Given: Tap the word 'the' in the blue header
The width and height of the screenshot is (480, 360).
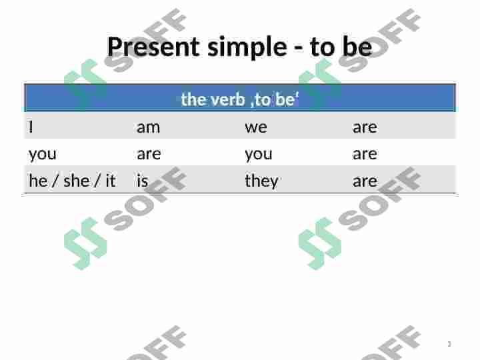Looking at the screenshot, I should click(193, 99).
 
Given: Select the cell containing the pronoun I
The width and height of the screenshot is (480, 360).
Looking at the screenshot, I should click(31, 127).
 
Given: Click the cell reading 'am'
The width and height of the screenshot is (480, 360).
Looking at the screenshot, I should click(148, 127).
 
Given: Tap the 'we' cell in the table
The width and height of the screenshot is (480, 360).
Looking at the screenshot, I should click(255, 127).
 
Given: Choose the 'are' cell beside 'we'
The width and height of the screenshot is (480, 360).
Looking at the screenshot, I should click(365, 127).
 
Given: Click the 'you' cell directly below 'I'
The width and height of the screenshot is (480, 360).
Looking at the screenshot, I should click(42, 154).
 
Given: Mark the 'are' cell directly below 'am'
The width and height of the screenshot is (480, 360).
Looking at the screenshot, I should click(149, 154).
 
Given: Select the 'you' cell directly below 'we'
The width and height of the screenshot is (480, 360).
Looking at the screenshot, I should click(258, 154).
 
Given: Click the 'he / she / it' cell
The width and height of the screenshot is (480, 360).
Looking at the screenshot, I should click(72, 181).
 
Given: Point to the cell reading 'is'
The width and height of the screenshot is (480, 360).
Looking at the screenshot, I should click(142, 181).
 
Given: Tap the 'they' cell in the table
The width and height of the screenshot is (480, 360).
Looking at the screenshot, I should click(261, 181).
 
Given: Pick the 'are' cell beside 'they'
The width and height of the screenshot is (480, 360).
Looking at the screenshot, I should click(365, 181).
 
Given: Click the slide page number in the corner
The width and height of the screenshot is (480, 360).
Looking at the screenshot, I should click(449, 344).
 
